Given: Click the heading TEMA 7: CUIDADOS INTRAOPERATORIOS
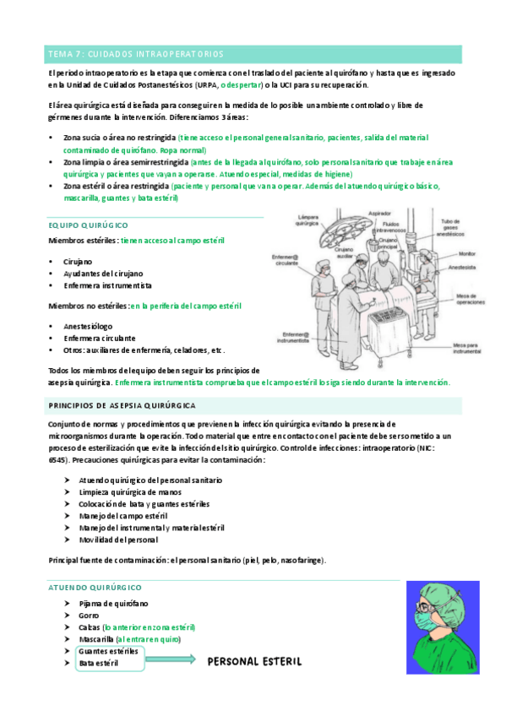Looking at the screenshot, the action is [x=136, y=54].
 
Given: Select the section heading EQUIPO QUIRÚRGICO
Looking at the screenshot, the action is [x=89, y=225].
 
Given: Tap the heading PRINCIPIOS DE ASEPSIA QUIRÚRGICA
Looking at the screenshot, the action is [x=122, y=405].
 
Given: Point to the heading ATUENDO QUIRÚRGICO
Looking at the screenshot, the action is [x=95, y=587].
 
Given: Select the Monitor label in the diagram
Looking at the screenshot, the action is [x=467, y=253].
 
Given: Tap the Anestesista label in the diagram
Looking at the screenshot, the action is [x=471, y=270].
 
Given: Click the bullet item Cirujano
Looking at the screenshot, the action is [x=79, y=262].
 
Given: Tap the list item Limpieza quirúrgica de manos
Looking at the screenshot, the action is [x=129, y=491].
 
